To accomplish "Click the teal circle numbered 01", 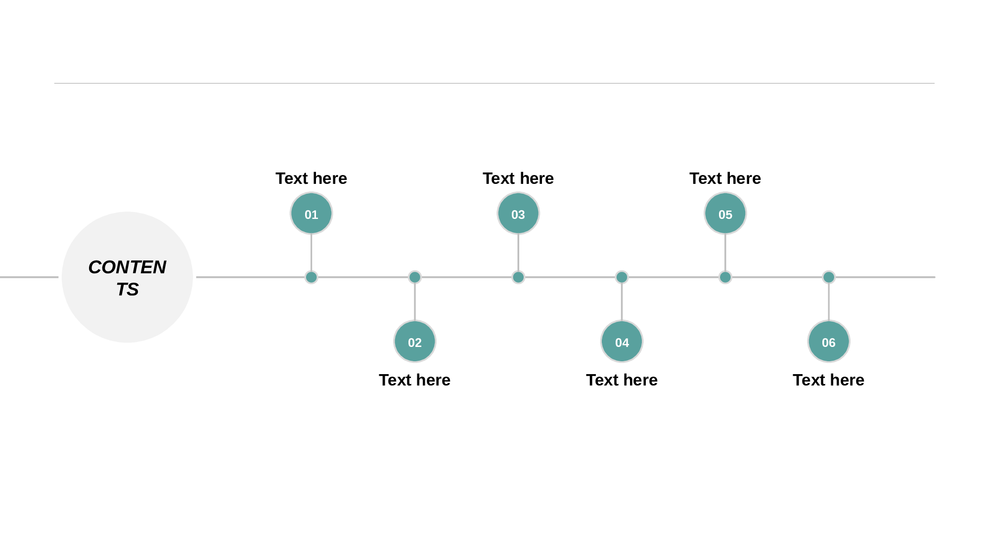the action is [x=311, y=214].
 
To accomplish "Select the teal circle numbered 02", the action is [x=415, y=342].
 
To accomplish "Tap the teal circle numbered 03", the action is [x=518, y=214].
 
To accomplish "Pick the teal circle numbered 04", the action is [x=622, y=342].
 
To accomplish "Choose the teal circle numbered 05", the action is [x=725, y=214].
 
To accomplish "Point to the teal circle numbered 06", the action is [x=829, y=342].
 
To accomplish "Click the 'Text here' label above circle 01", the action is [x=311, y=178].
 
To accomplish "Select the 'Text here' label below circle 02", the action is [x=415, y=380].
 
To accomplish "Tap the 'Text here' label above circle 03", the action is [x=518, y=178].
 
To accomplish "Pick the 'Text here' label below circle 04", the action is [x=622, y=380].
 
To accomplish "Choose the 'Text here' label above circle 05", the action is [x=725, y=178].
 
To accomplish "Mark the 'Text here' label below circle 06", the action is [x=829, y=380].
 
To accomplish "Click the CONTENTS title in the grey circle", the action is [x=127, y=278].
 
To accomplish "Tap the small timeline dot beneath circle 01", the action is [x=311, y=277].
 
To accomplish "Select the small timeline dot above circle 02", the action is [x=415, y=277].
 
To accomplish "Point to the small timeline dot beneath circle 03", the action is [x=518, y=277].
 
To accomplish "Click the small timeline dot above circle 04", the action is [x=622, y=277].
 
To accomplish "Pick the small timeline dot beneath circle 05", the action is [x=725, y=277].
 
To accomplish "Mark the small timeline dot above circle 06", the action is [x=829, y=277].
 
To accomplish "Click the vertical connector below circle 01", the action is [x=311, y=253].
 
